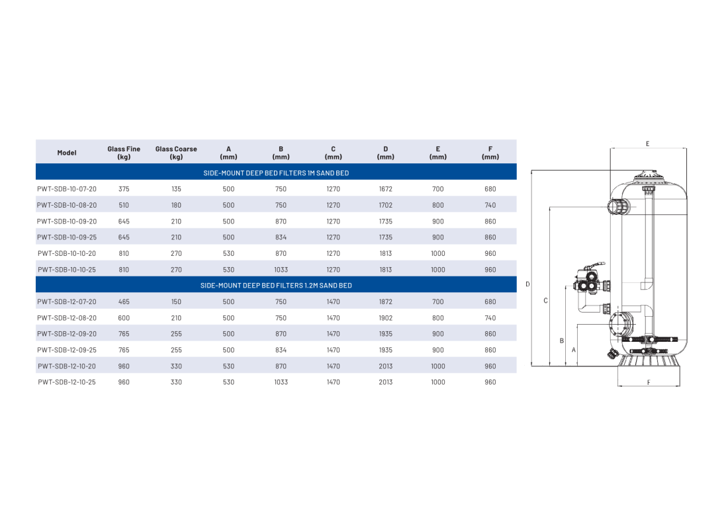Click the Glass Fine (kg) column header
pyautogui.click(x=124, y=153)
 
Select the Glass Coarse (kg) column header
pyautogui.click(x=176, y=153)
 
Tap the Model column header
pyautogui.click(x=67, y=153)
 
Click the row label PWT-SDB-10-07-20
pyautogui.click(x=67, y=189)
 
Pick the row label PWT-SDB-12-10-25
pyautogui.click(x=67, y=382)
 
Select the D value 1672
pyautogui.click(x=385, y=189)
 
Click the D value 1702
pyautogui.click(x=385, y=205)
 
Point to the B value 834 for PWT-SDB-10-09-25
pyautogui.click(x=281, y=237)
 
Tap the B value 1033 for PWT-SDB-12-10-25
pyautogui.click(x=281, y=382)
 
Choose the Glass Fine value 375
pyautogui.click(x=124, y=189)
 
